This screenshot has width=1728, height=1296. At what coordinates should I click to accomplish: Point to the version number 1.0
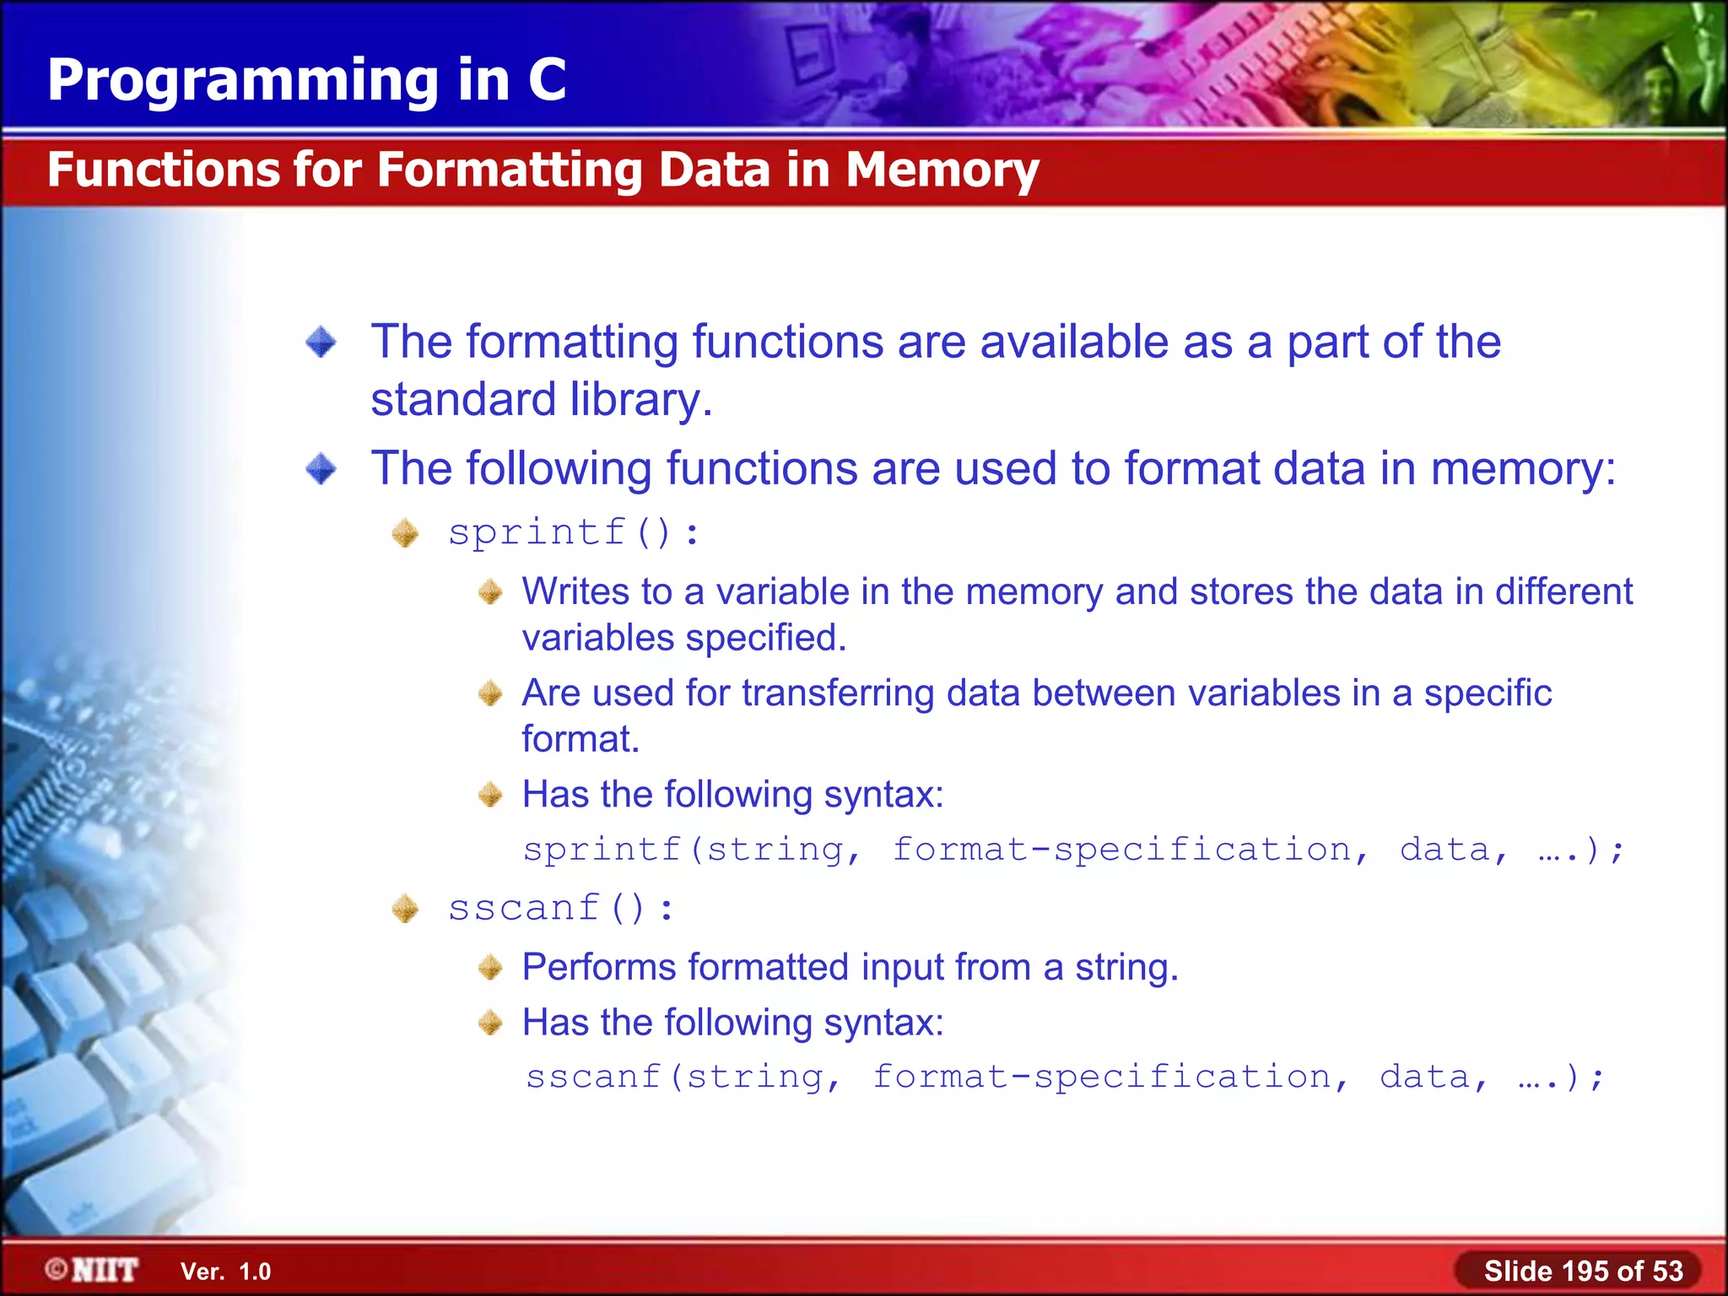[255, 1272]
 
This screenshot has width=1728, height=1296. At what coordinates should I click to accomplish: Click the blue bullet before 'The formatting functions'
[321, 343]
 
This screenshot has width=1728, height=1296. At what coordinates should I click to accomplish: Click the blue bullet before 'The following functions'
[321, 469]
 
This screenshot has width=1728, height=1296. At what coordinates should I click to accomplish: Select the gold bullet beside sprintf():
[406, 533]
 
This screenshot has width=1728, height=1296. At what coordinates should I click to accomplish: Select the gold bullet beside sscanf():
[406, 909]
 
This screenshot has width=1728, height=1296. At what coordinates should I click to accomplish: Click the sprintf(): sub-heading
[574, 533]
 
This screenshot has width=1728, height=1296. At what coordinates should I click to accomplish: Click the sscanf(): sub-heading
[561, 909]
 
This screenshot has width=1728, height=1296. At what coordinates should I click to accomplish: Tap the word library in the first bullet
[634, 400]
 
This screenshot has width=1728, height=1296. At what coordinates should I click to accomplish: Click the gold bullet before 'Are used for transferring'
[490, 694]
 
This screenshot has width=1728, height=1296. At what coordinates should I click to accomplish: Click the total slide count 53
[1666, 1271]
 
